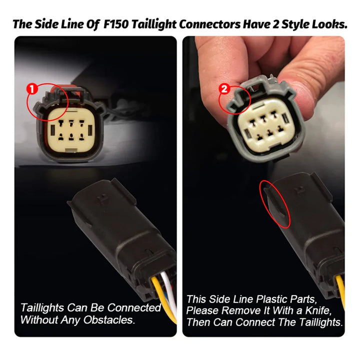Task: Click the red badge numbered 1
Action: [32, 89]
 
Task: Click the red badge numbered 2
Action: [224, 89]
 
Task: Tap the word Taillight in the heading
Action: [154, 24]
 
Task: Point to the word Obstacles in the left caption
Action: [109, 320]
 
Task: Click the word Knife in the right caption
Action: [318, 310]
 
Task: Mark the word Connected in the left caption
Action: [134, 308]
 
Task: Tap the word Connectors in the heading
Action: [210, 24]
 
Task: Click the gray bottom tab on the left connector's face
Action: [71, 150]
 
